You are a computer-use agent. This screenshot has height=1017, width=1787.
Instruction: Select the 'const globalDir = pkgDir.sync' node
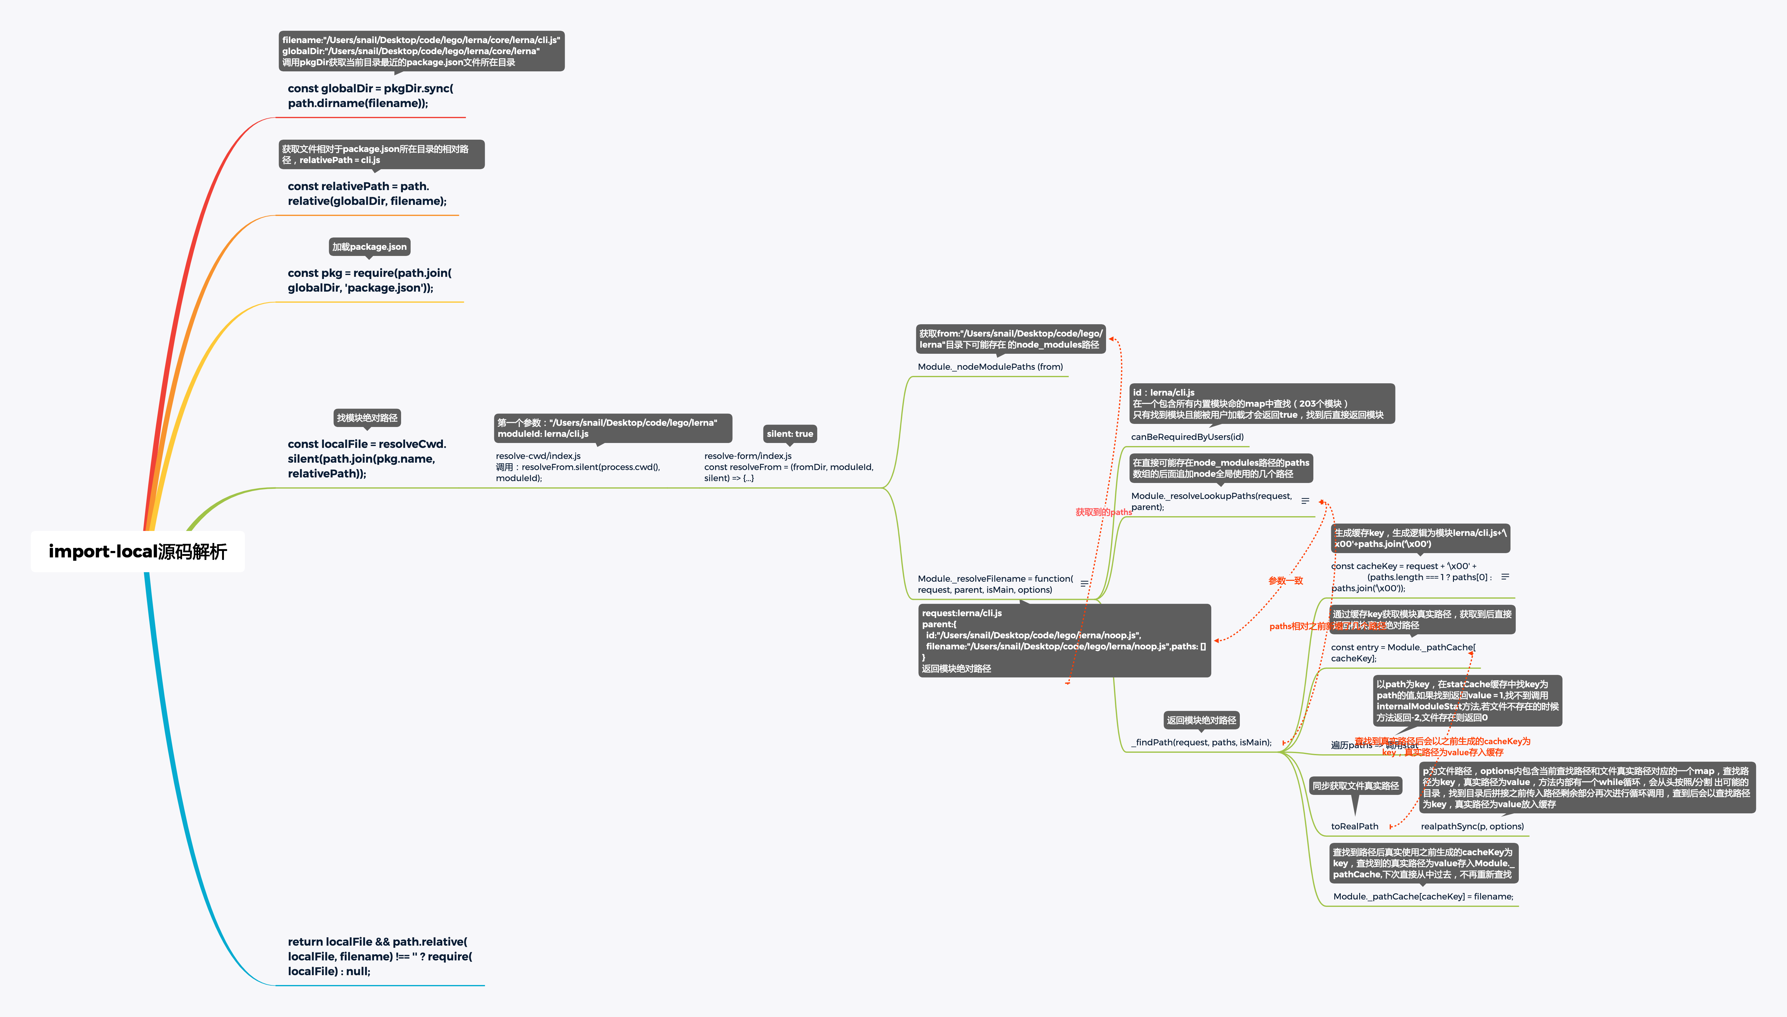click(x=370, y=96)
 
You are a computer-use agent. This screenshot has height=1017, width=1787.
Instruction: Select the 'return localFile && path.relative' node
click(x=379, y=956)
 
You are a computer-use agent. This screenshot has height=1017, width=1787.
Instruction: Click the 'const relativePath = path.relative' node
click(x=367, y=193)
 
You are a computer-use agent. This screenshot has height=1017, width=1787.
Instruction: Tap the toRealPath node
click(x=1354, y=826)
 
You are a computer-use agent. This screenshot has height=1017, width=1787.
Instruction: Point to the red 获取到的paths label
click(x=1103, y=512)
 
